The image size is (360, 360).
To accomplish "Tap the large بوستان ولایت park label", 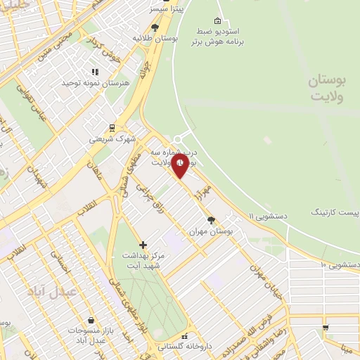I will point(328,89).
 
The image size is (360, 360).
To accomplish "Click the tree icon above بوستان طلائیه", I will point(155,27).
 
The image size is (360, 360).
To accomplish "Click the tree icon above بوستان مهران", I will point(212,219).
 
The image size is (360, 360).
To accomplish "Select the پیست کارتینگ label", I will point(334,211).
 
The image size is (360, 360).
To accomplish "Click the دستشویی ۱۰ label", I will point(340,264).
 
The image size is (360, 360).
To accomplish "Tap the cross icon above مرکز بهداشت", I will point(143,245).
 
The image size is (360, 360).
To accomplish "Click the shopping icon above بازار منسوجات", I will point(91,320).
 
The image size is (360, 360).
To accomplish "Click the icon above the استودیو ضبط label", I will point(217,20).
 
